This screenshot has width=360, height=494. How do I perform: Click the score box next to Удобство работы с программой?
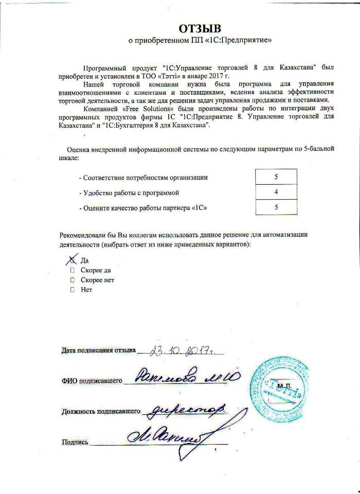pos(276,192)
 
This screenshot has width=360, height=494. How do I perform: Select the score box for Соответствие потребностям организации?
pos(276,177)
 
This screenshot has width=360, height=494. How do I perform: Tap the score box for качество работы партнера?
pos(276,207)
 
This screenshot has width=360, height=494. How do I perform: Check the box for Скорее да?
pos(73,270)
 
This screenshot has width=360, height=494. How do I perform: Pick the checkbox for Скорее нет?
pos(73,280)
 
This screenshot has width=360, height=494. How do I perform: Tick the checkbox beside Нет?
pos(73,290)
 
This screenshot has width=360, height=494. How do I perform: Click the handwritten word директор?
pos(184,411)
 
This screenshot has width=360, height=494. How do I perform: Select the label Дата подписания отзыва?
pos(98,351)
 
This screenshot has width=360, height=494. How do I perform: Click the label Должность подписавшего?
pos(101,412)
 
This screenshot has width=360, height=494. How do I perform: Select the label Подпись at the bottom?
pos(75,442)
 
